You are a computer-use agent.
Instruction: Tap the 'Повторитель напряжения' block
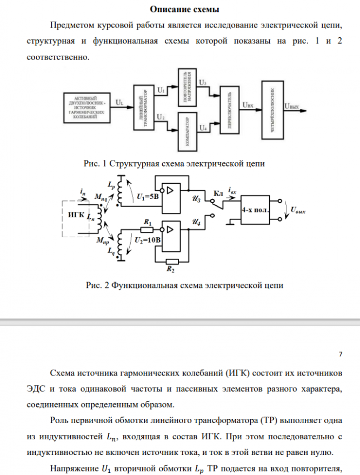[187, 86]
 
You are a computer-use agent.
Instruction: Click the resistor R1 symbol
[148, 229]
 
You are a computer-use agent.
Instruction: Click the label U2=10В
[147, 239]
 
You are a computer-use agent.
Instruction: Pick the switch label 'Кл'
[218, 193]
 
